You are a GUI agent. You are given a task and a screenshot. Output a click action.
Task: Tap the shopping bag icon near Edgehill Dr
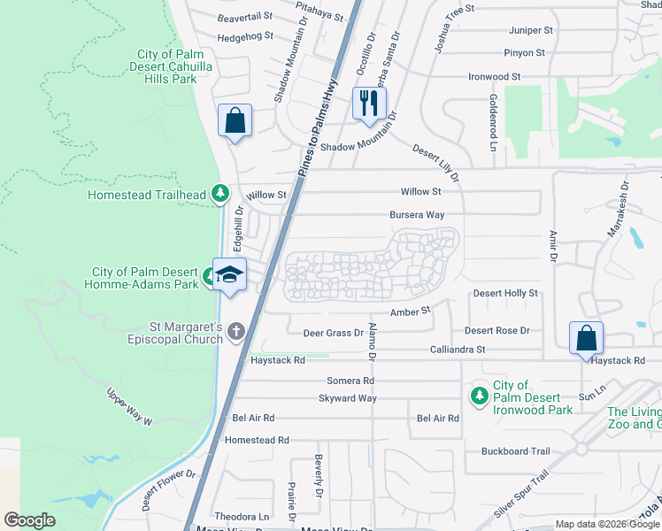[x=235, y=121]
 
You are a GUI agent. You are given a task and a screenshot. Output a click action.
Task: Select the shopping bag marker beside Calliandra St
[x=586, y=338]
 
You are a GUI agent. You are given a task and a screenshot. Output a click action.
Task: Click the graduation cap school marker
[x=230, y=274]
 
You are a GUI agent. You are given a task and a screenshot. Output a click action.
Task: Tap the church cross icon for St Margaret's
[x=235, y=331]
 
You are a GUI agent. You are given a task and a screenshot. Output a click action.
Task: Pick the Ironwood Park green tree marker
[x=479, y=395]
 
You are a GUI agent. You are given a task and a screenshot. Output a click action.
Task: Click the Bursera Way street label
[x=417, y=215]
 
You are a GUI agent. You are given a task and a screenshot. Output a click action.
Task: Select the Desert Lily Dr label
[x=436, y=164]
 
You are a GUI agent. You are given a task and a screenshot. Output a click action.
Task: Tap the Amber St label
[x=411, y=311]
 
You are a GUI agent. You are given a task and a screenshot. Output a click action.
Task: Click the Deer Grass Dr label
[x=333, y=333]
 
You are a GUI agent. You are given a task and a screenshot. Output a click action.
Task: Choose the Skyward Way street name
[x=348, y=398]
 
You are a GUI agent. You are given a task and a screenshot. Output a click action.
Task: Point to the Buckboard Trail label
[x=515, y=450]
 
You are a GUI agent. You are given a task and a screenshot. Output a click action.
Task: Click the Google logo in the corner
[x=30, y=519]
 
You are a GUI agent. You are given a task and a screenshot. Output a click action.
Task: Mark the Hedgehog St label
[x=245, y=38]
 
